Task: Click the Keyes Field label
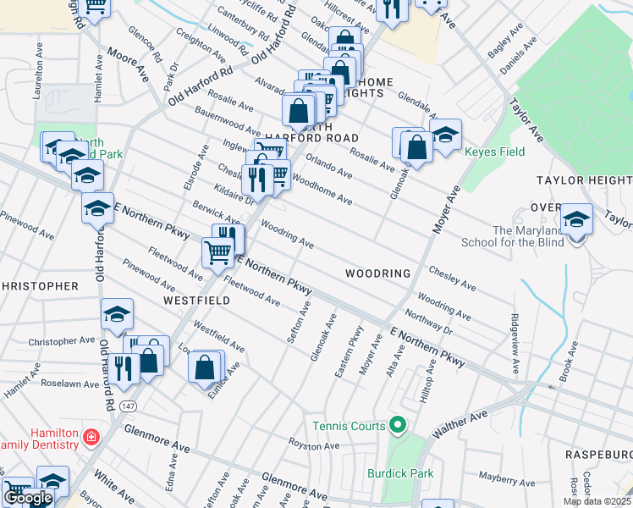pyautogui.click(x=494, y=152)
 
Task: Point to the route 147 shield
pyautogui.click(x=124, y=384)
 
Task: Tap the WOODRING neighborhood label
pyautogui.click(x=377, y=273)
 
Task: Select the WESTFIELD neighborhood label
pyautogui.click(x=194, y=301)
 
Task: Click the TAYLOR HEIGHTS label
pyautogui.click(x=584, y=180)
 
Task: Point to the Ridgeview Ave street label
pyautogui.click(x=513, y=345)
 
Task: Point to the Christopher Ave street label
pyautogui.click(x=62, y=341)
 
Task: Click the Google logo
pyautogui.click(x=28, y=498)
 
